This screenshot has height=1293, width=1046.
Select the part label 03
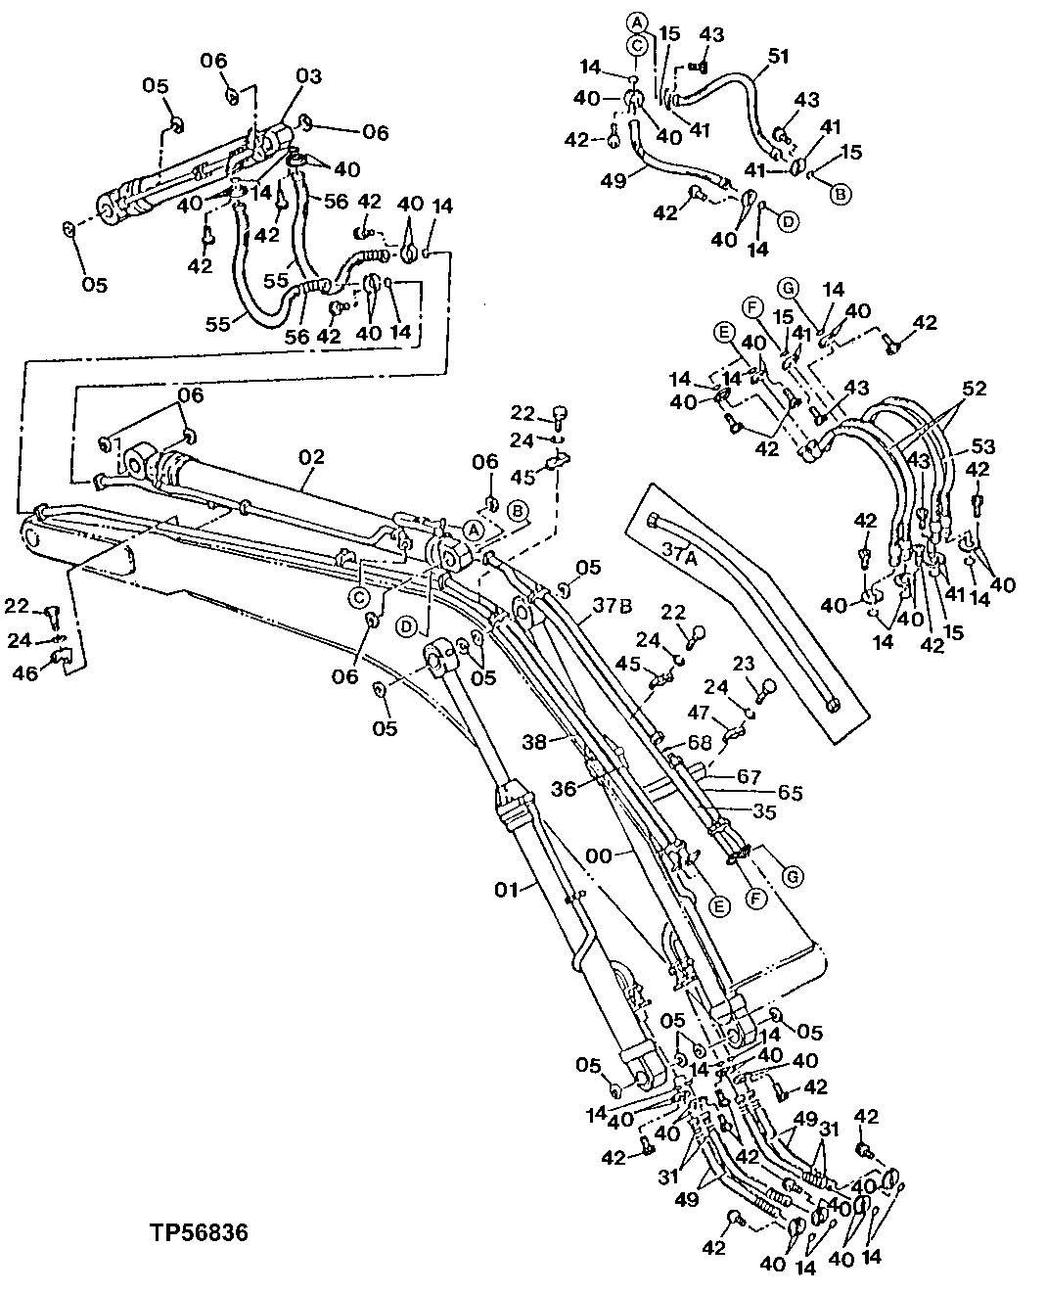[309, 76]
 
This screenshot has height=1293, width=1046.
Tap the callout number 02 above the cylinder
[311, 456]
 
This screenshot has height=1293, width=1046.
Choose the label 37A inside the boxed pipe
[684, 555]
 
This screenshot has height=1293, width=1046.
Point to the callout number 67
[750, 776]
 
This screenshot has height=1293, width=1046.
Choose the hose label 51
[777, 57]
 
